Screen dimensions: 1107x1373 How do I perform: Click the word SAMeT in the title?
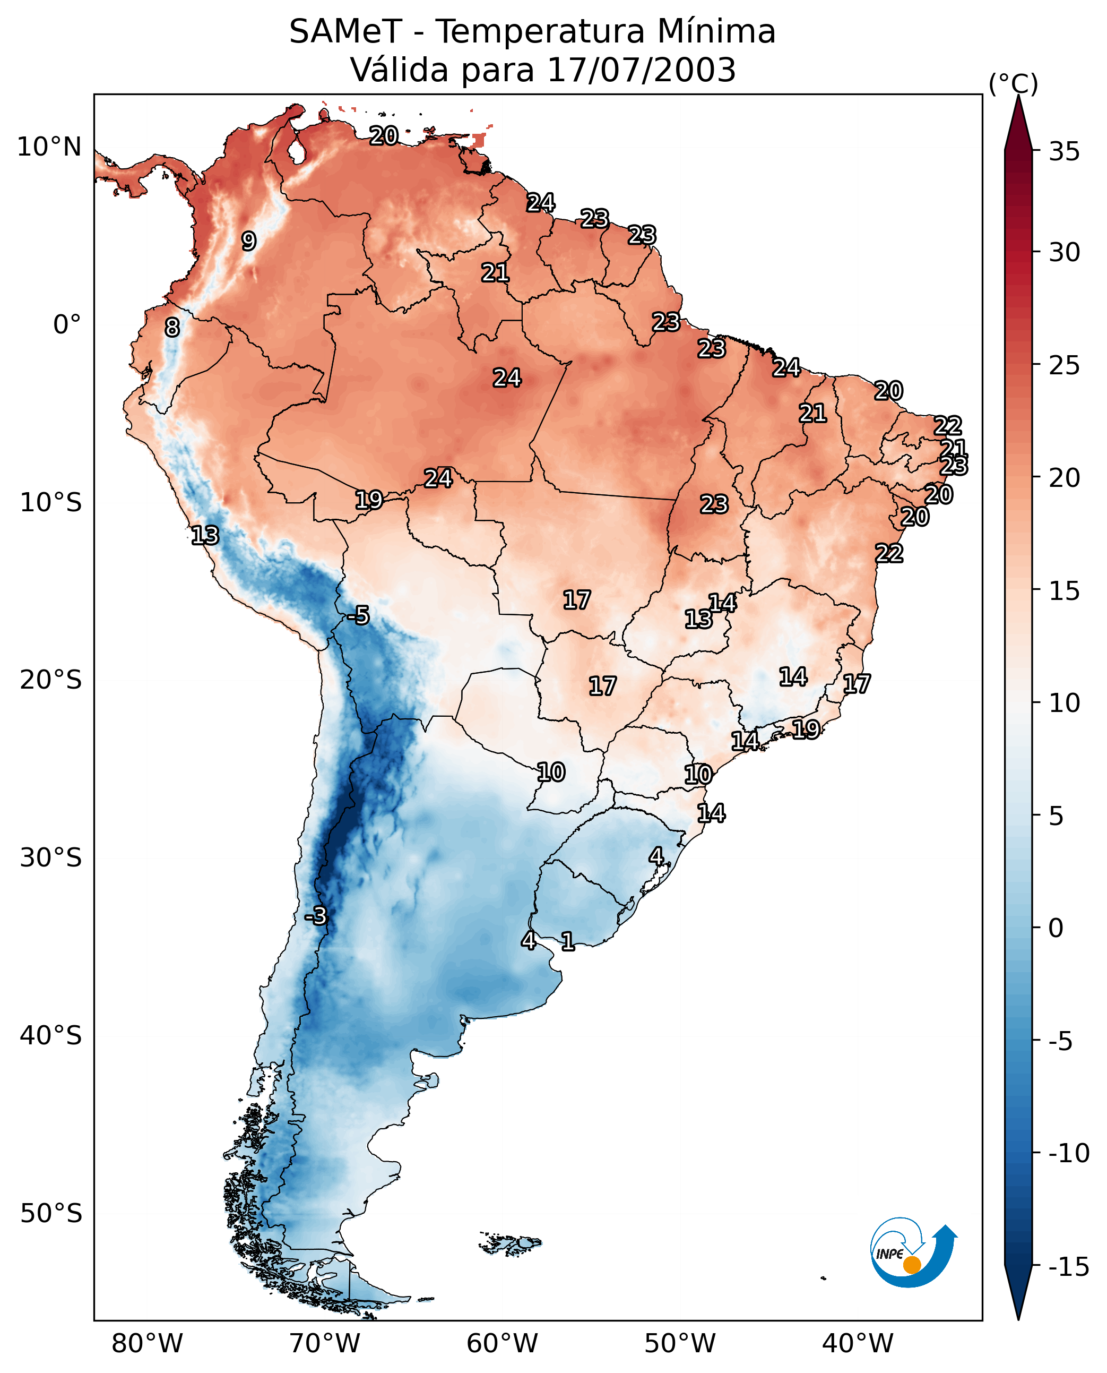(x=345, y=31)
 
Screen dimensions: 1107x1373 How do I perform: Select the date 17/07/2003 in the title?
(x=642, y=70)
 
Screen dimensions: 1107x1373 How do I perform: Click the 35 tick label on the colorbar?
(x=1064, y=152)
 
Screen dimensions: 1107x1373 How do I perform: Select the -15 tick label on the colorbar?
(x=1069, y=1267)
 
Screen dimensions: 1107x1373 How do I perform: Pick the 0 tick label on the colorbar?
(x=1056, y=928)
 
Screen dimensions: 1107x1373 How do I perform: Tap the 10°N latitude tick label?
(x=49, y=148)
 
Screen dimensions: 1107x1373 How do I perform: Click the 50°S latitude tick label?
(x=51, y=1213)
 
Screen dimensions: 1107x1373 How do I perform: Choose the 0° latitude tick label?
(x=67, y=325)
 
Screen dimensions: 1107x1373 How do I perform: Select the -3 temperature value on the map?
(x=316, y=915)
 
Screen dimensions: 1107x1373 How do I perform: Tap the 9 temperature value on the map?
(x=249, y=241)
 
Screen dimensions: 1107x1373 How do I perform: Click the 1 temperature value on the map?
(x=567, y=941)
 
